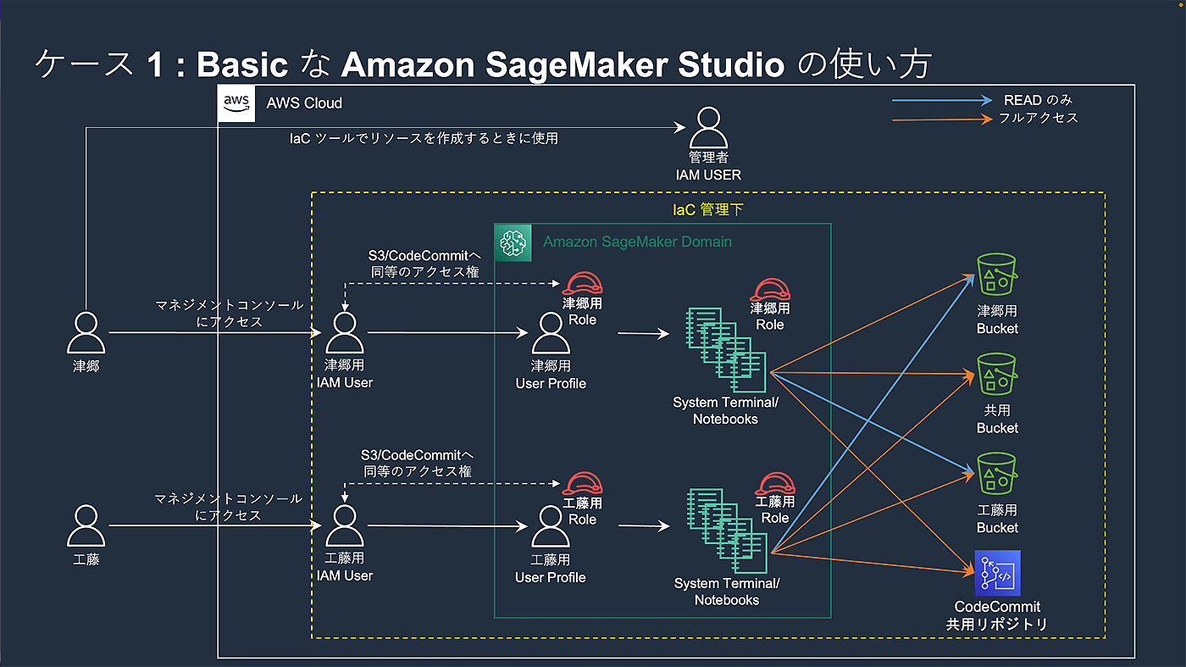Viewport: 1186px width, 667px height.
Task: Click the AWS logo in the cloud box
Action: click(x=236, y=103)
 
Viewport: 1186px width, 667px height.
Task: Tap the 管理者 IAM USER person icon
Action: click(x=708, y=128)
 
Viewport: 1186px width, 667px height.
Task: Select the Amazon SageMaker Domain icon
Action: click(x=513, y=242)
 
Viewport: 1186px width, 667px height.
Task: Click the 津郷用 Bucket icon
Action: click(x=997, y=275)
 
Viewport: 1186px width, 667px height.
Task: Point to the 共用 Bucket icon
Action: click(x=997, y=374)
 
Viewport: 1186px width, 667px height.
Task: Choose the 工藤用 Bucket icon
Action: click(x=997, y=474)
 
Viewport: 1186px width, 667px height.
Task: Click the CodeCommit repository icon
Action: click(x=998, y=573)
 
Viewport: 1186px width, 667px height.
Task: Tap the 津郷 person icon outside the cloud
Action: click(x=86, y=333)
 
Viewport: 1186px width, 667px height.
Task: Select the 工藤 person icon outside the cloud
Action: click(x=86, y=525)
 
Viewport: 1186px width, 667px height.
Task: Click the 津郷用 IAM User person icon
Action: click(x=345, y=333)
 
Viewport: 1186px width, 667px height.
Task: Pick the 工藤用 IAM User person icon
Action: click(x=345, y=525)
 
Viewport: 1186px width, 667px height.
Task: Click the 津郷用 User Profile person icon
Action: click(x=551, y=333)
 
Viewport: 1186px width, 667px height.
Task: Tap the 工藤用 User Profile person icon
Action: click(x=551, y=526)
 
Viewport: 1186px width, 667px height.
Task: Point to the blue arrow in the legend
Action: click(x=942, y=100)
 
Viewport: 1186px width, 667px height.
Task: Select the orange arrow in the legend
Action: click(x=942, y=120)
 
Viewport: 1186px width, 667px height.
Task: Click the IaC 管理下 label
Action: click(x=708, y=210)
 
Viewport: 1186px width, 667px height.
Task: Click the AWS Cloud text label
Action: click(x=304, y=103)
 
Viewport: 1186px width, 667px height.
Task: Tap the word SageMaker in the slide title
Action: click(x=577, y=64)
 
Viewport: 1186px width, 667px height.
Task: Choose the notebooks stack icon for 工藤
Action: click(x=727, y=531)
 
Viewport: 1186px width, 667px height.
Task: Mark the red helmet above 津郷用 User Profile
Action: click(x=582, y=283)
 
